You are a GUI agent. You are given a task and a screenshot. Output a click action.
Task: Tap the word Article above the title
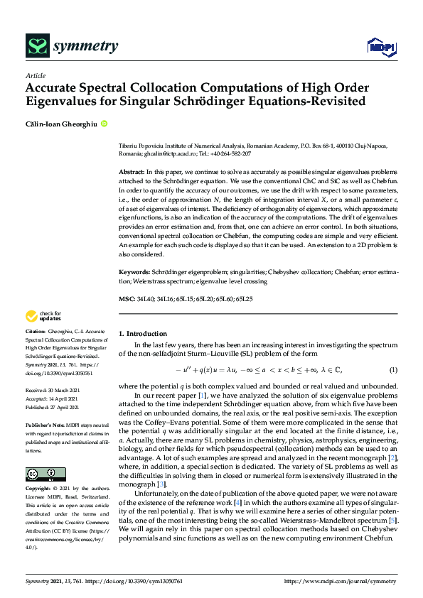pyautogui.click(x=35, y=75)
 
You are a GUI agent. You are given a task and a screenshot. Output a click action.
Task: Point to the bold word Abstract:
pyautogui.click(x=132, y=173)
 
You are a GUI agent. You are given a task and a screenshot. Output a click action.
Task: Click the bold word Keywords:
pyautogui.click(x=135, y=272)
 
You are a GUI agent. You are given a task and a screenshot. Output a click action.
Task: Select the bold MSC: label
pyautogui.click(x=127, y=300)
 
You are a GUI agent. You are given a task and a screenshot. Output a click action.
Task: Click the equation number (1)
pyautogui.click(x=392, y=370)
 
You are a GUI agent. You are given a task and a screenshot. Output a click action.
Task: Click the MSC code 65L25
pyautogui.click(x=265, y=300)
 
